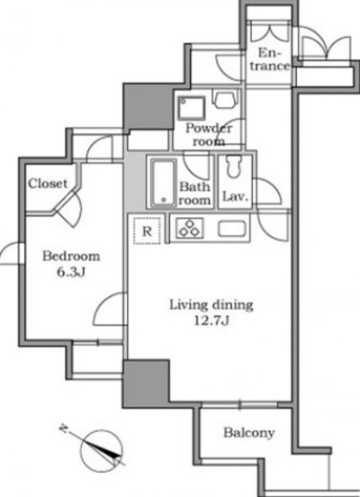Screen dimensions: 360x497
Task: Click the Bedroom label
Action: click(x=71, y=256)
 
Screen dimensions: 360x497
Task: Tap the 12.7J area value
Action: click(x=212, y=320)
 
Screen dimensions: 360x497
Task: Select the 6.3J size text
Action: click(x=72, y=272)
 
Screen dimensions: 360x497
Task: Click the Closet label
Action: click(x=48, y=184)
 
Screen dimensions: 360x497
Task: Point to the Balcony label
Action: click(x=249, y=433)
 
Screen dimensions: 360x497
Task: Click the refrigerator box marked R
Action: click(x=147, y=230)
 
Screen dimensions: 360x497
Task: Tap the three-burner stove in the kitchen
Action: click(x=190, y=227)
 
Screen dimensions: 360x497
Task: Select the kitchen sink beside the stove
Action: click(x=232, y=229)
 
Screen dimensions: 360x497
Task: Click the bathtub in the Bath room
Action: click(x=163, y=183)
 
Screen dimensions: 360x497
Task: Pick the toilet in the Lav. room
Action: click(x=234, y=166)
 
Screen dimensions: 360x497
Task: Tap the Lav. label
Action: click(x=235, y=196)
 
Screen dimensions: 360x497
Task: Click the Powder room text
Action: click(x=208, y=135)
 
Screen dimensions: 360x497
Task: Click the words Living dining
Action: click(x=212, y=305)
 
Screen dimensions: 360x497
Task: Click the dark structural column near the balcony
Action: click(x=146, y=383)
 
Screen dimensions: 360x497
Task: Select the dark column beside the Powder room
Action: click(x=148, y=106)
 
